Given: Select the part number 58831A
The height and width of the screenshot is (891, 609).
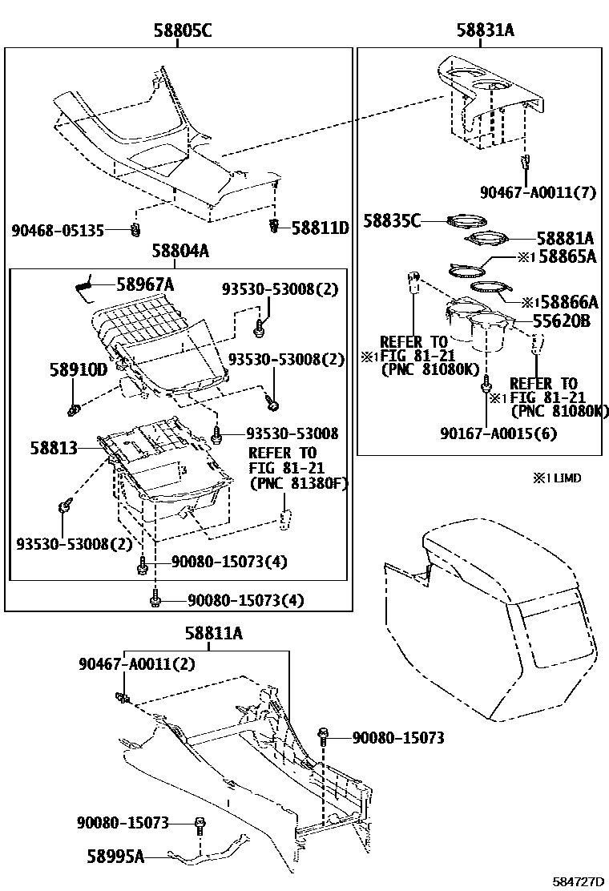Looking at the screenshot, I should pyautogui.click(x=485, y=31).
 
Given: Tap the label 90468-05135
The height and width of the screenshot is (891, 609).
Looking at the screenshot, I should pyautogui.click(x=58, y=230).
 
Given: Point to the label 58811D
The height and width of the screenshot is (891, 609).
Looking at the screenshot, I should pyautogui.click(x=320, y=228).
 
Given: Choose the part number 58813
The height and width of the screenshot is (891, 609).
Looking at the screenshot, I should pyautogui.click(x=54, y=448).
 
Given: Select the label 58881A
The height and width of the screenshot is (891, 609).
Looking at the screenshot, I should pyautogui.click(x=565, y=238).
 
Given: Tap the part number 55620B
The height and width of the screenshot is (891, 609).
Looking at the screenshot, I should pyautogui.click(x=562, y=321).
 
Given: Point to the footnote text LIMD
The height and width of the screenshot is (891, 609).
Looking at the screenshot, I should pyautogui.click(x=563, y=478).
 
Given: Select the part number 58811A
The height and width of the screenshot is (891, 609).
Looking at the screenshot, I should pyautogui.click(x=214, y=634).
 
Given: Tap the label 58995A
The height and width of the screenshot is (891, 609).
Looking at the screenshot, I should pyautogui.click(x=115, y=857).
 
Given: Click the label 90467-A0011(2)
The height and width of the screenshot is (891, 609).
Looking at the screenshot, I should pyautogui.click(x=136, y=664).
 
